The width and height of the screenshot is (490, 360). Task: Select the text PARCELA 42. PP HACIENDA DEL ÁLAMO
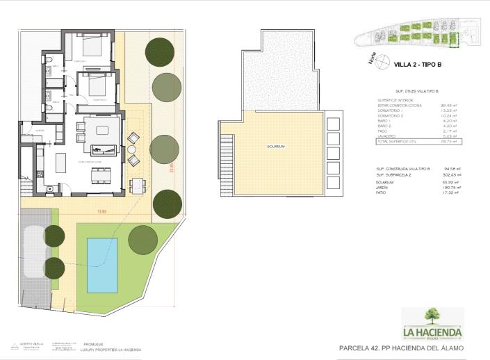click(400, 347)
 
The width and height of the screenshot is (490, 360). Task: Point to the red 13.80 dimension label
click(102, 211)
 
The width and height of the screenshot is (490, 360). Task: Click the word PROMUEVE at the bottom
click(94, 343)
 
